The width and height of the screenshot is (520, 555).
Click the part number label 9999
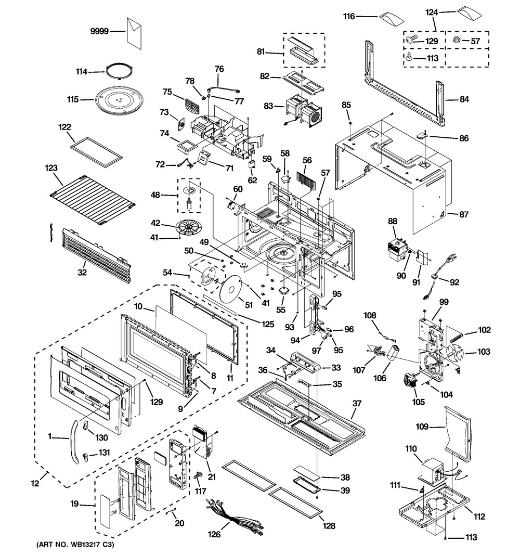pyautogui.click(x=98, y=31)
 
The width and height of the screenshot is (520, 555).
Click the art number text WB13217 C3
pyautogui.click(x=75, y=545)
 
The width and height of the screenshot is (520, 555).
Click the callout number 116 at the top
pyautogui.click(x=348, y=17)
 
